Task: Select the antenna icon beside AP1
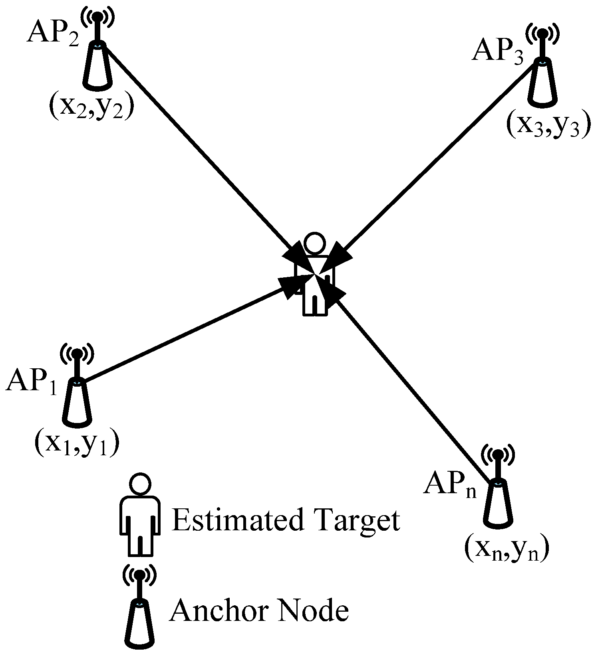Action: [77, 387]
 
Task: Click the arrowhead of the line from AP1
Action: [292, 287]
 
